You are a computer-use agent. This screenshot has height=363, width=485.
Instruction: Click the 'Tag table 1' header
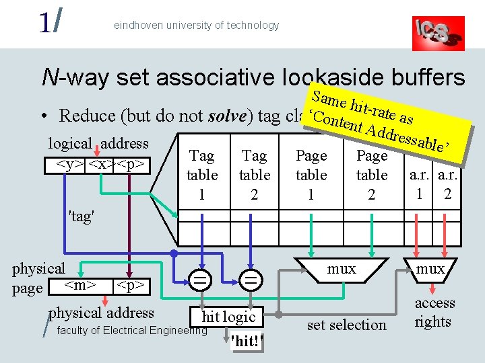201,175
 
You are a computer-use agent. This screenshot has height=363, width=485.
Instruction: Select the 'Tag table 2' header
254,175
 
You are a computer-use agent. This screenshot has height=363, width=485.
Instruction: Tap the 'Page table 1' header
311,175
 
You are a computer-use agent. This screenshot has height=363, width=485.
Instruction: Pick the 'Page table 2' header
372,175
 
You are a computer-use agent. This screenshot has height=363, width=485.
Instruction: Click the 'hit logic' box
228,317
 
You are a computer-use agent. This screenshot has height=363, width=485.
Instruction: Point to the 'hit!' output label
244,341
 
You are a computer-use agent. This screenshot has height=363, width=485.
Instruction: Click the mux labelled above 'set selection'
342,269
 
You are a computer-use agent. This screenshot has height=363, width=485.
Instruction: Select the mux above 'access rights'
430,269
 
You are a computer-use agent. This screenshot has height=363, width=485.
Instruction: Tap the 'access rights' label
434,313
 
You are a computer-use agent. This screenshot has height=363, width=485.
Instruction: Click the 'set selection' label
346,325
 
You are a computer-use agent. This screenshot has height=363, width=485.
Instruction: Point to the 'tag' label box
82,217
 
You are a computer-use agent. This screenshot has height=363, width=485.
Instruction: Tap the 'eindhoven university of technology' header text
196,26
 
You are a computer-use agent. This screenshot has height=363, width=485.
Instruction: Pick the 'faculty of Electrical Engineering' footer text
132,330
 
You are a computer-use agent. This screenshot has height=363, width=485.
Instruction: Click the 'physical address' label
102,313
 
